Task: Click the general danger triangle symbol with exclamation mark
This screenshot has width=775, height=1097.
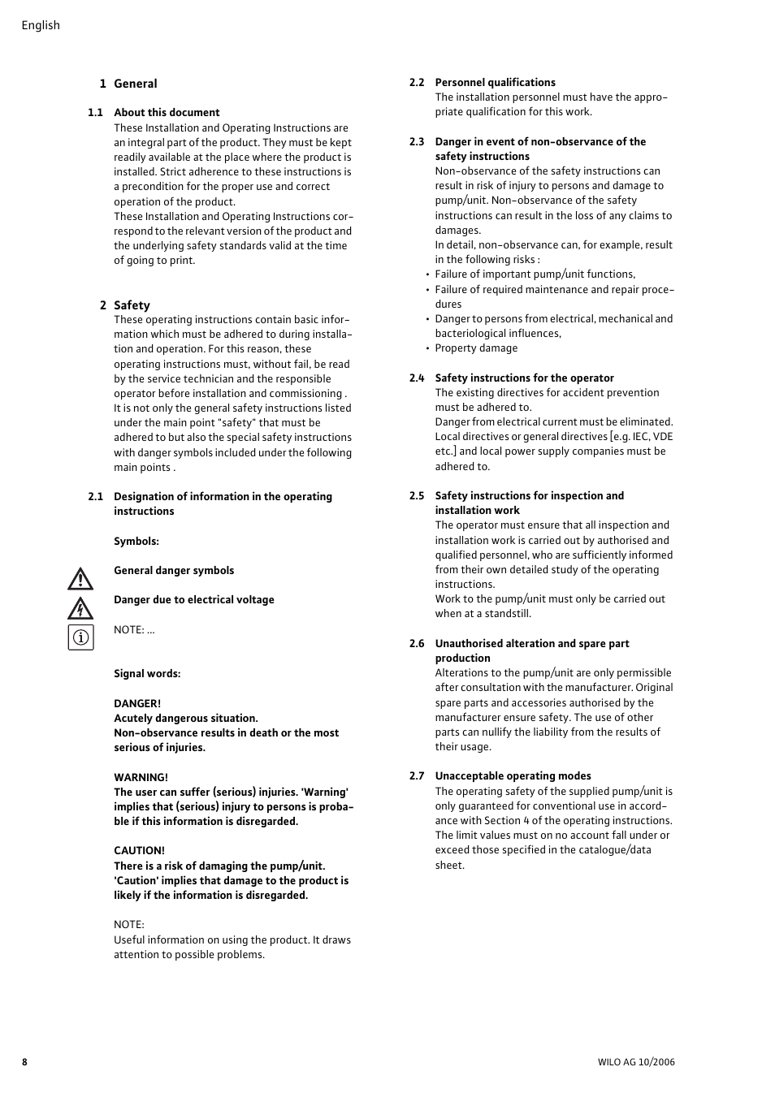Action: click(x=80, y=579)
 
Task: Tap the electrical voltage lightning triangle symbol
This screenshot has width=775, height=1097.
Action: click(x=80, y=608)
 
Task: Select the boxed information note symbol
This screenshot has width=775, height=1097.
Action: click(x=80, y=637)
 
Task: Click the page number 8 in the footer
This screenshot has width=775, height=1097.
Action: click(x=24, y=1062)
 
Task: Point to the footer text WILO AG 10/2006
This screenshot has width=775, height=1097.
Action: click(x=635, y=1062)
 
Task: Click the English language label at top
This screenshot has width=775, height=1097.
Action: click(x=41, y=25)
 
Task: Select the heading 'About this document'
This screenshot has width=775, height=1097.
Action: click(x=167, y=113)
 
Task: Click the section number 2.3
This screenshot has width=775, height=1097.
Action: click(x=417, y=142)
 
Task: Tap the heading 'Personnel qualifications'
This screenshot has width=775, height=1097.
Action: click(x=495, y=83)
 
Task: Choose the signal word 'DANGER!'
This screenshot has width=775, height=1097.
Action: click(x=137, y=704)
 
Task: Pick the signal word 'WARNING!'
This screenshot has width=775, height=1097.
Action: click(x=141, y=778)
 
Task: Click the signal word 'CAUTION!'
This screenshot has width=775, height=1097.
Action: click(x=139, y=851)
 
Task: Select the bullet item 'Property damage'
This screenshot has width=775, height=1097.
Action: click(x=476, y=348)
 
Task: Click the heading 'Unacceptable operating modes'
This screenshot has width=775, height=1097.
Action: click(x=513, y=776)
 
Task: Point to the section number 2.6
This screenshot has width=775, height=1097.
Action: click(x=417, y=644)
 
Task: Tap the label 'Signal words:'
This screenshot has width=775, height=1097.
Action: click(x=147, y=674)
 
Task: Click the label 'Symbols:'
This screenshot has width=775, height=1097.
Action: click(x=136, y=542)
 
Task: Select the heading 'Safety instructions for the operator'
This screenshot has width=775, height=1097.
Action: click(x=524, y=378)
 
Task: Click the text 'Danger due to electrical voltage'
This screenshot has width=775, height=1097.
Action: click(x=193, y=600)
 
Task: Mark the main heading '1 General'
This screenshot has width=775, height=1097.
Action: click(x=128, y=84)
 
